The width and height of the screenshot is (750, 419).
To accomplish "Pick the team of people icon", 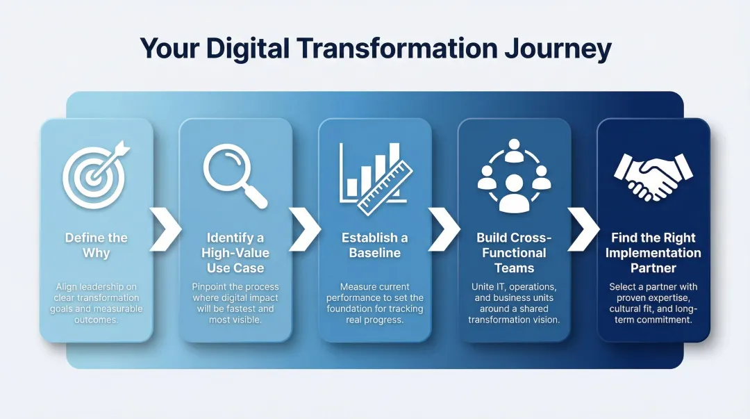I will pyautogui.click(x=514, y=175).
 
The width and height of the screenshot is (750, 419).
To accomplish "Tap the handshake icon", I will pyautogui.click(x=653, y=175).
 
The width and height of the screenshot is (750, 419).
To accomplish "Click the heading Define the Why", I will pyautogui.click(x=97, y=245).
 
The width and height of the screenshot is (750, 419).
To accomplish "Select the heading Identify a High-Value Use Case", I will pyautogui.click(x=235, y=253).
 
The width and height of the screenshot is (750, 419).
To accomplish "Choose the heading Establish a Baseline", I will pyautogui.click(x=375, y=245).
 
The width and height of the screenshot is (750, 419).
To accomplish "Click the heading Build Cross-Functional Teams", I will pyautogui.click(x=514, y=253).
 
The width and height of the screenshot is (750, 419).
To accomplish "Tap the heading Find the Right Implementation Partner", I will pyautogui.click(x=653, y=253).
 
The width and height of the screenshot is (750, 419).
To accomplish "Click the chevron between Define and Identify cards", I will pyautogui.click(x=165, y=229).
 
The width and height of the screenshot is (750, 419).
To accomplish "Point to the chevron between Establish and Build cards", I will pyautogui.click(x=444, y=229).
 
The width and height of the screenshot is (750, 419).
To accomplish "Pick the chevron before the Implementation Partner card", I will pyautogui.click(x=583, y=229).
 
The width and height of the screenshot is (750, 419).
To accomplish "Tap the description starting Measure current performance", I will pyautogui.click(x=375, y=303).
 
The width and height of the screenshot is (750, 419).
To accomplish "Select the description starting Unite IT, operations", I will pyautogui.click(x=514, y=303).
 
